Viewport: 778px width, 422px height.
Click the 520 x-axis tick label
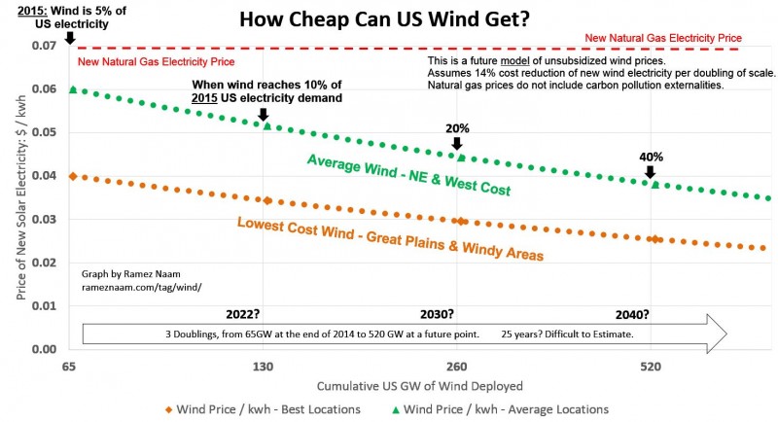[x=651, y=369]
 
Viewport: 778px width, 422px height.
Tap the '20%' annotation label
[x=457, y=127]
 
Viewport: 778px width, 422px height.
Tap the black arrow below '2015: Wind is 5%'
[x=69, y=39]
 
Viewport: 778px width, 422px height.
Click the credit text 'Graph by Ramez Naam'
[x=130, y=273]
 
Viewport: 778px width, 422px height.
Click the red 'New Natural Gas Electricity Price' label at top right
[x=675, y=38]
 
